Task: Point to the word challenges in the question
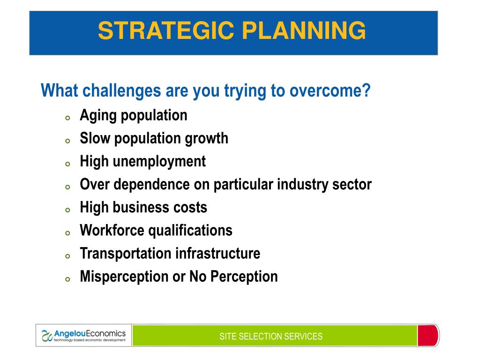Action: (x=122, y=91)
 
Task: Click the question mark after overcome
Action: (x=367, y=90)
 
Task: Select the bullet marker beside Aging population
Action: (x=67, y=118)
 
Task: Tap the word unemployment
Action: (x=159, y=162)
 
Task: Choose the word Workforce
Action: (x=112, y=230)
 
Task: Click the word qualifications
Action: (x=190, y=231)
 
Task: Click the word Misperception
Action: (x=124, y=277)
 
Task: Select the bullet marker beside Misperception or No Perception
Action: (x=67, y=279)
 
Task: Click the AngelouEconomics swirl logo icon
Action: (x=47, y=336)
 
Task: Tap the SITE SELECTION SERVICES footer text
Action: (x=271, y=337)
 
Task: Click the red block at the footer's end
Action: (x=427, y=336)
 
